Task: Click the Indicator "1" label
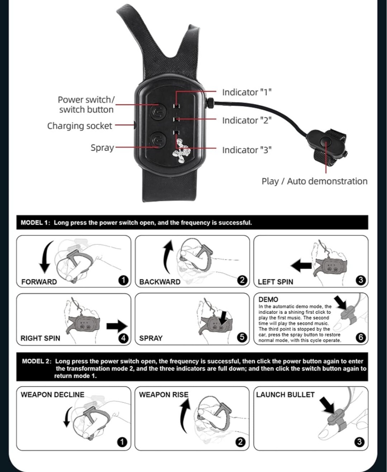point(247,92)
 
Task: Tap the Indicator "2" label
point(247,120)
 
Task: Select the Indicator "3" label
point(247,150)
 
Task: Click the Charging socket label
point(80,126)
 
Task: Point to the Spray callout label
point(102,148)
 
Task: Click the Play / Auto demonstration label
point(315,181)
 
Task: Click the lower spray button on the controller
point(158,140)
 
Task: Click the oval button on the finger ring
point(326,142)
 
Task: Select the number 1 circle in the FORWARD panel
point(123,280)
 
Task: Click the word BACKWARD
point(160,282)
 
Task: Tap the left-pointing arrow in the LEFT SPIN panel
point(301,266)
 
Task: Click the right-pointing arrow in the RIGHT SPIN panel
point(117,326)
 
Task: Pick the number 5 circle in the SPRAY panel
point(242,337)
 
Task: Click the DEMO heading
point(268,300)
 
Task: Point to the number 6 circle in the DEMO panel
point(360,337)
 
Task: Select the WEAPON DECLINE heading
point(53,395)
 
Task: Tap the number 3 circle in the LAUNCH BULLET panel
point(359,442)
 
